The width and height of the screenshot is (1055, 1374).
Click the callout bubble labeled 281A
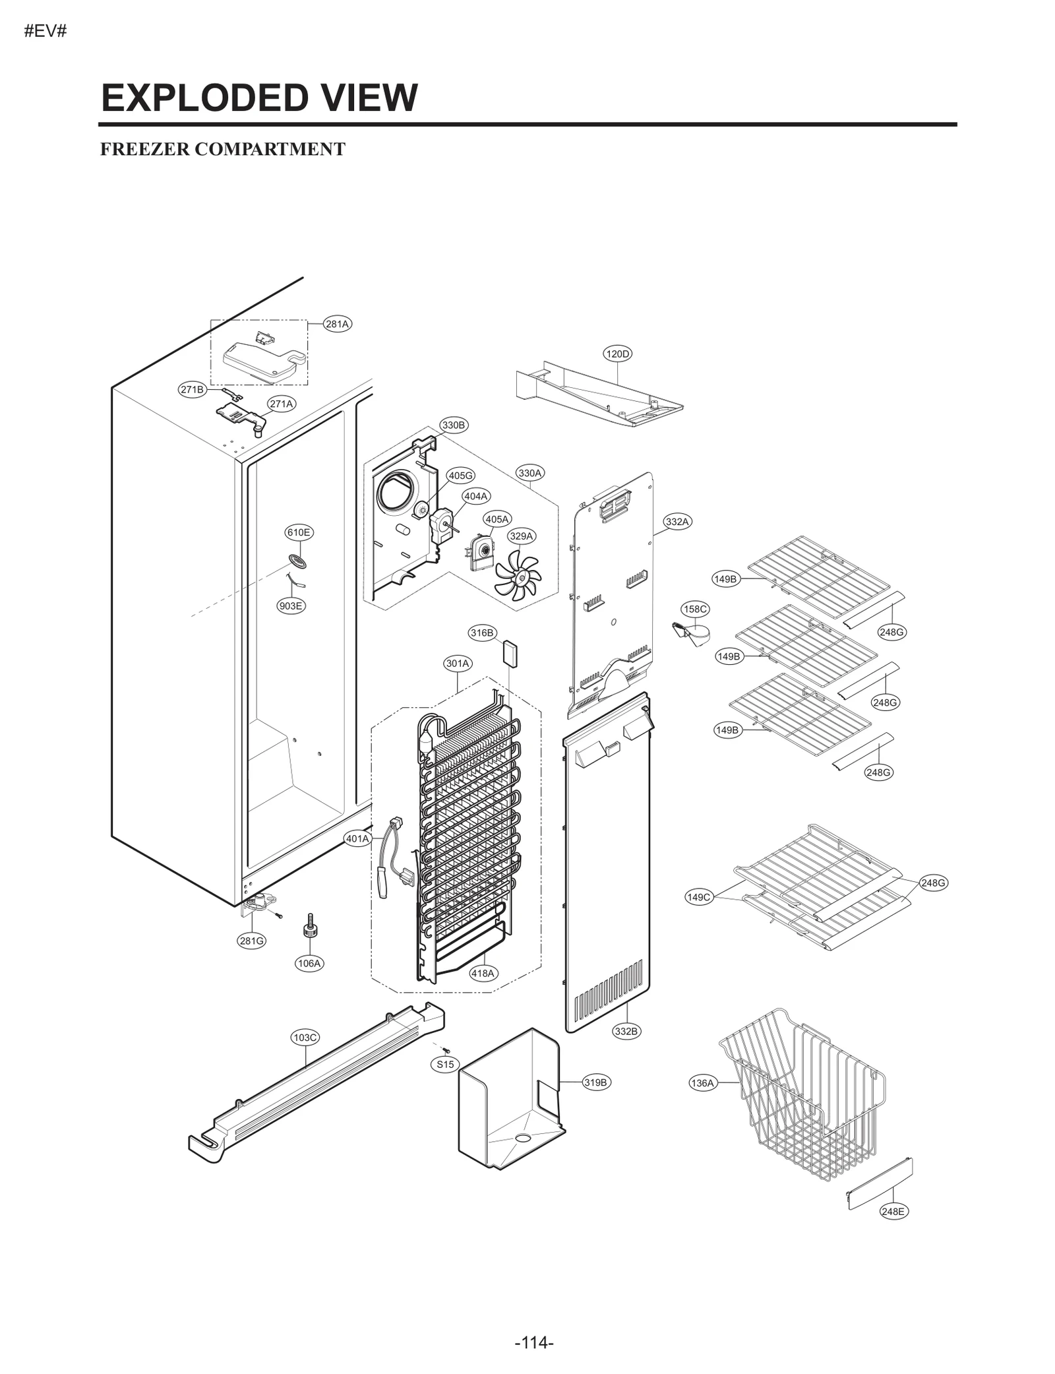pos(337,324)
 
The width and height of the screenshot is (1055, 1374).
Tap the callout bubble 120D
pos(617,354)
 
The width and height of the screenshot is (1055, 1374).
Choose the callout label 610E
pos(299,532)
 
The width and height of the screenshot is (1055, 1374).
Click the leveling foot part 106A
pos(308,929)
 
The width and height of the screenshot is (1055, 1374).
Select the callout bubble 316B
pos(482,633)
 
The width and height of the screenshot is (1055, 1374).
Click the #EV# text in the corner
pos(45,32)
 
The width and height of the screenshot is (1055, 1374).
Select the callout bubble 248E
pos(893,1212)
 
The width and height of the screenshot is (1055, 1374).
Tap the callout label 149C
pos(699,897)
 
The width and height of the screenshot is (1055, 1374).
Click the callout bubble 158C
pos(695,609)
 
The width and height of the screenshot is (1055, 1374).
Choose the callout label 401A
pos(357,839)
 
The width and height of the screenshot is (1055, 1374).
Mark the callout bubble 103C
pos(305,1038)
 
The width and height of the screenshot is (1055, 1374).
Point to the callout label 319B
pos(595,1082)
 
